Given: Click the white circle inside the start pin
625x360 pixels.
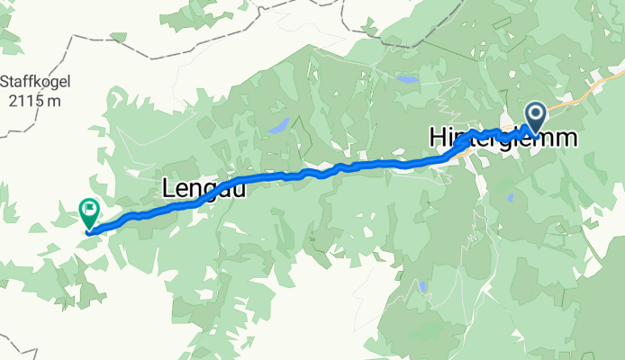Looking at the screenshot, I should [x=536, y=113].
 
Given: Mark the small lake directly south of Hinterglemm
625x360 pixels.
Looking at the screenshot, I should [x=510, y=197].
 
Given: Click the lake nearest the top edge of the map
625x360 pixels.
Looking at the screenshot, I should [x=407, y=80].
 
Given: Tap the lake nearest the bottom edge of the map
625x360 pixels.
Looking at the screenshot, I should [x=421, y=287].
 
